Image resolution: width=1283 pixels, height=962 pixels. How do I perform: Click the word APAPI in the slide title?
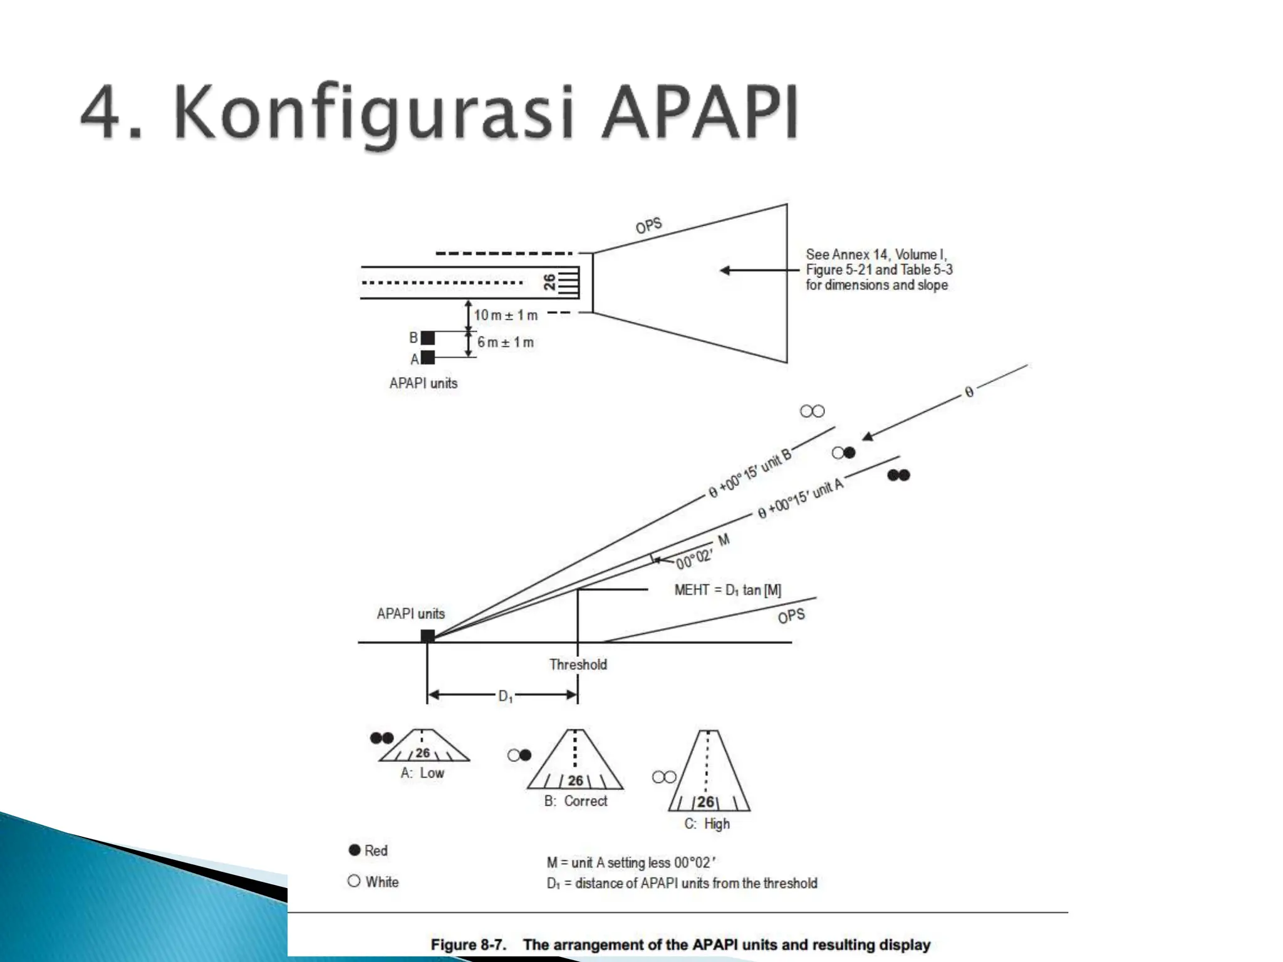pyautogui.click(x=700, y=113)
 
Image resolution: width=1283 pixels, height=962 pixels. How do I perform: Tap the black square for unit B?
pyautogui.click(x=428, y=338)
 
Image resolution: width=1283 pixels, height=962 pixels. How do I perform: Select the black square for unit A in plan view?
pyautogui.click(x=428, y=358)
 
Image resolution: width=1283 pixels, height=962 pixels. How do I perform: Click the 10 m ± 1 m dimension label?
pyautogui.click(x=506, y=315)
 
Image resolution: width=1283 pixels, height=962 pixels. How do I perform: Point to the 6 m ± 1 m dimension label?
pyautogui.click(x=506, y=343)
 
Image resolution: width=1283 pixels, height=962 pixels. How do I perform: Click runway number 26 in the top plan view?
pyautogui.click(x=549, y=282)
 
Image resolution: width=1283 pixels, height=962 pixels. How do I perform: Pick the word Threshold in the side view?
pyautogui.click(x=578, y=665)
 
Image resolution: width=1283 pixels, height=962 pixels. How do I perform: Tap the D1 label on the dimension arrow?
pyautogui.click(x=505, y=696)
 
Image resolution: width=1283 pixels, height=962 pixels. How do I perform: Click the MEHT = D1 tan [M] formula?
pyautogui.click(x=727, y=590)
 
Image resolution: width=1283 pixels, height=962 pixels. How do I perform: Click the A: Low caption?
pyautogui.click(x=422, y=773)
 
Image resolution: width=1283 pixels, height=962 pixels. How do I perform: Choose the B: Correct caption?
pyautogui.click(x=576, y=801)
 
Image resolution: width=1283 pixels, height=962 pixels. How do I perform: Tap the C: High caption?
pyautogui.click(x=707, y=824)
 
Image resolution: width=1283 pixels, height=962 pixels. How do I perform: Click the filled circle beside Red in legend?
pyautogui.click(x=355, y=850)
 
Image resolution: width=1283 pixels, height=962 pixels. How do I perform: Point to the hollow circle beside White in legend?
pyautogui.click(x=354, y=881)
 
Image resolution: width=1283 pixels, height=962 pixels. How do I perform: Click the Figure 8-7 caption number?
pyautogui.click(x=468, y=944)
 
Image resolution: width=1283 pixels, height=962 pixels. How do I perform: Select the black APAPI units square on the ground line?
pyautogui.click(x=428, y=636)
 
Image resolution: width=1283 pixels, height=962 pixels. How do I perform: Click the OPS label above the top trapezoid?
pyautogui.click(x=648, y=225)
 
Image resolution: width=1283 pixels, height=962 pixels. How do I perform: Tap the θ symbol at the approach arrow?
pyautogui.click(x=969, y=393)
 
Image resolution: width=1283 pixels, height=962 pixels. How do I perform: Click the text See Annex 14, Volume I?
pyautogui.click(x=876, y=254)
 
